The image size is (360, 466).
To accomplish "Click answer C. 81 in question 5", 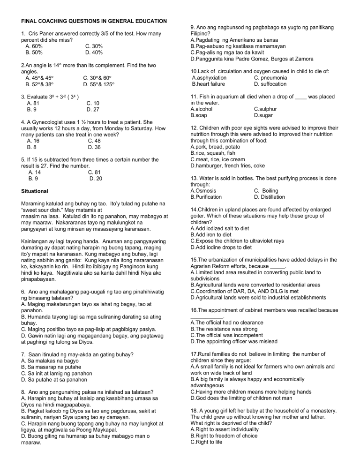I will click(x=94, y=172).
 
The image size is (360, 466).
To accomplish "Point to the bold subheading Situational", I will click(x=38, y=191).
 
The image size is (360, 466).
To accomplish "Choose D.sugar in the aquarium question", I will click(x=264, y=115).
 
